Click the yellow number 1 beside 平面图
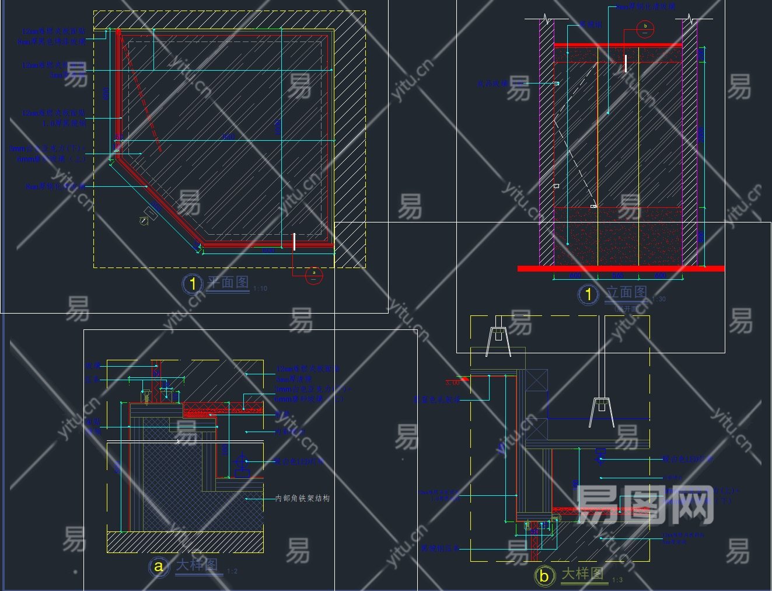click(193, 284)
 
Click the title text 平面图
click(228, 283)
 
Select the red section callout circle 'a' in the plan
click(313, 275)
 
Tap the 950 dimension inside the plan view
click(228, 137)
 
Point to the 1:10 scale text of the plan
click(260, 288)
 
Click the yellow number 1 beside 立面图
click(588, 294)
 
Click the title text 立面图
click(626, 292)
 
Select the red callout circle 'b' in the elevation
click(645, 28)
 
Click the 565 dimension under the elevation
click(618, 276)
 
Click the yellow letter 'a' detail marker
click(158, 566)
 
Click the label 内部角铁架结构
click(302, 498)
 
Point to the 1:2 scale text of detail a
click(232, 571)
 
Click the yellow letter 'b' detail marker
click(544, 576)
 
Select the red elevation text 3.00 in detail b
click(453, 383)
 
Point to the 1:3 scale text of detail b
click(617, 580)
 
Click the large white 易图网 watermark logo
click(645, 505)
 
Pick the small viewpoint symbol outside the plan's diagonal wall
click(144, 220)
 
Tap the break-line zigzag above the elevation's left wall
click(547, 19)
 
